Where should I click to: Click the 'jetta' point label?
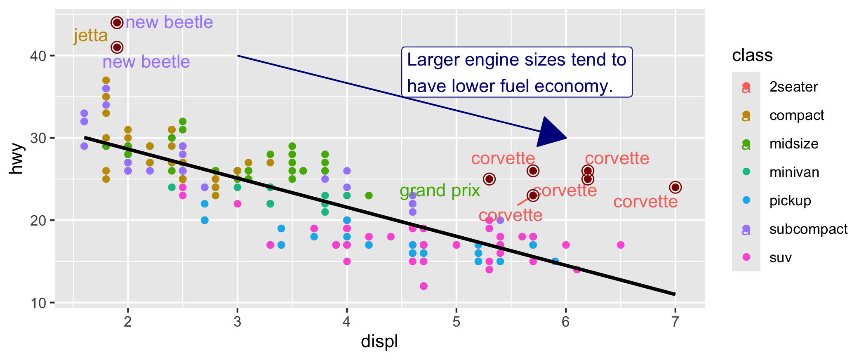point(91,36)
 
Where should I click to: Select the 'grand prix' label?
point(440,191)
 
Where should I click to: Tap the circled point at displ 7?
point(675,187)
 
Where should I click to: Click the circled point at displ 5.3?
point(489,179)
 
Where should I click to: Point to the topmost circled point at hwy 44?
point(117,23)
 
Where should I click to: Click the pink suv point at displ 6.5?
point(621,245)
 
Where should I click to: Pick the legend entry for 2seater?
point(793,87)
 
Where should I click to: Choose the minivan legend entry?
point(794,172)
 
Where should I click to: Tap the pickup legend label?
point(790,200)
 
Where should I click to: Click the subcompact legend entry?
point(808,229)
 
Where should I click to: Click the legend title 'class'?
point(752,55)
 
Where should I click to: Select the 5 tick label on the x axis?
point(456,322)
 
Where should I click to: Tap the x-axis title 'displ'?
point(379,341)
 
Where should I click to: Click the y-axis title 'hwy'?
point(16,159)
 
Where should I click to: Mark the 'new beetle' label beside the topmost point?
point(169,22)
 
